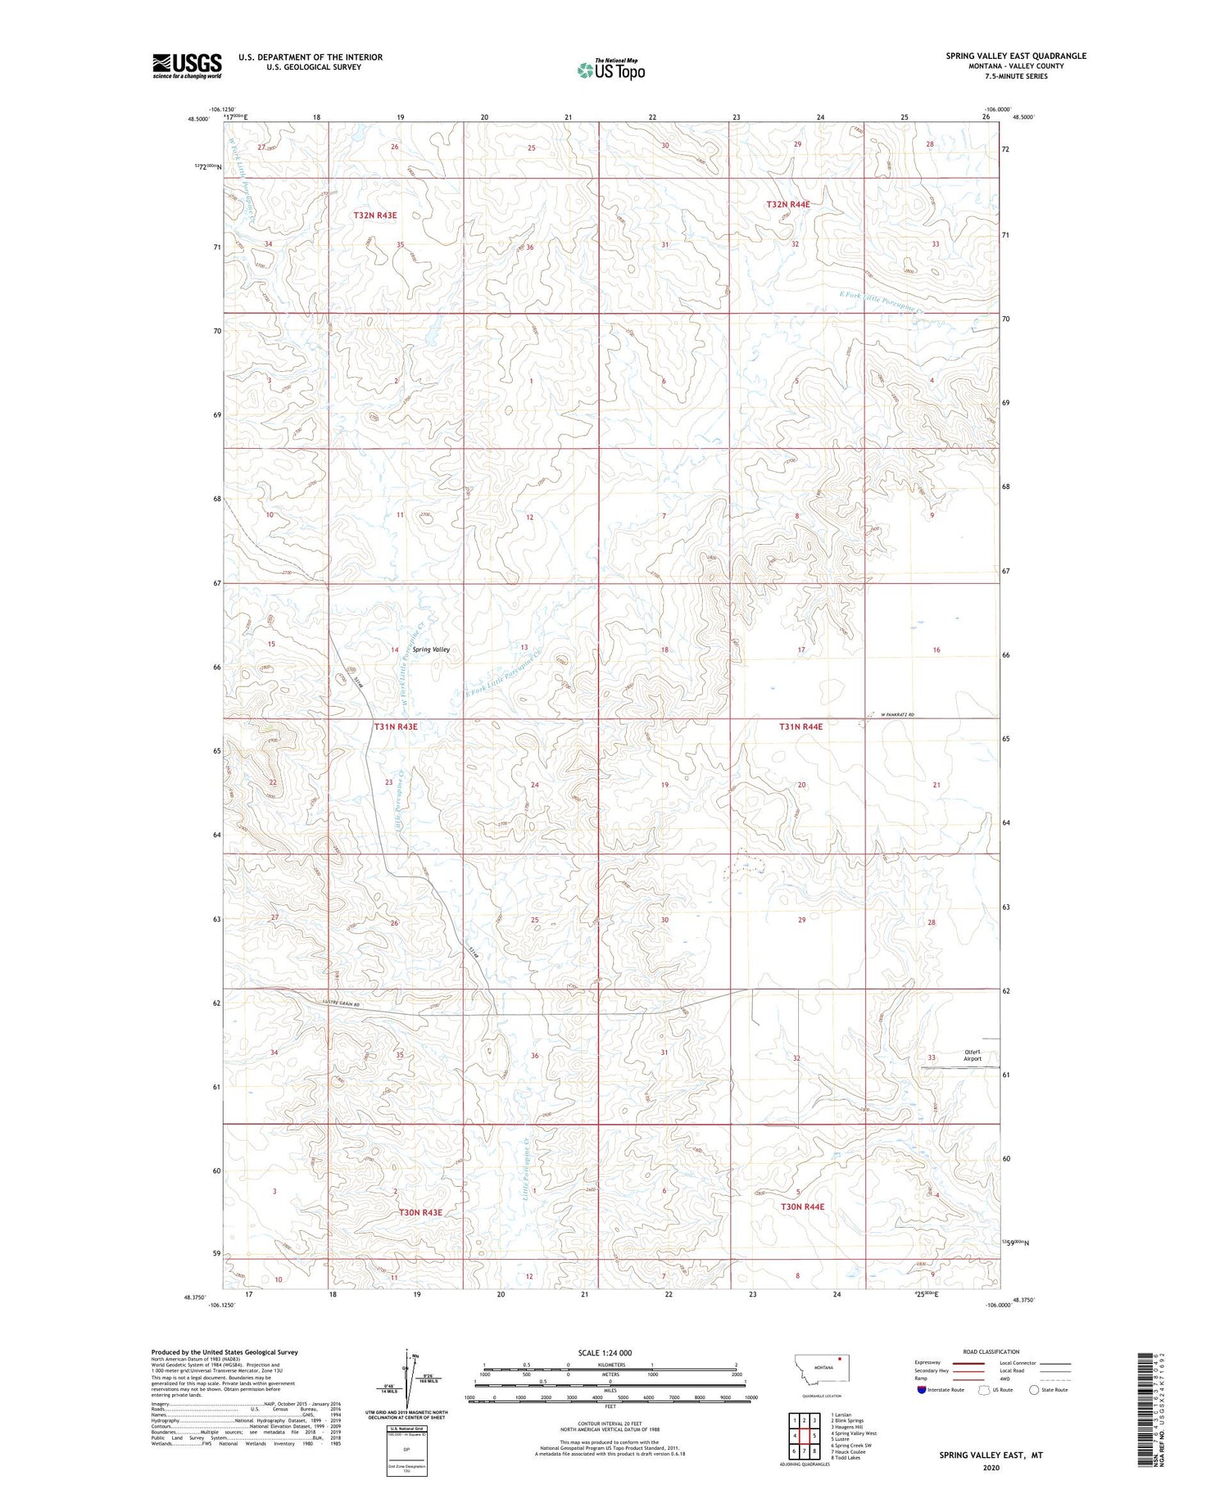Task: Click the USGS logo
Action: [187, 66]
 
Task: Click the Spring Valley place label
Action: [431, 650]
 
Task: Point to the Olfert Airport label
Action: [972, 1055]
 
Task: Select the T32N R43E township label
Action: [375, 215]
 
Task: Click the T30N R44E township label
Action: [802, 1207]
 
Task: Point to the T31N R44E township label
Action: [800, 727]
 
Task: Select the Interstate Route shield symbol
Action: [922, 1390]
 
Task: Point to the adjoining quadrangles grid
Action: [804, 1429]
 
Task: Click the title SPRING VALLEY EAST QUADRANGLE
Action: [1016, 56]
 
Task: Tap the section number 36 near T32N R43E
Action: [530, 247]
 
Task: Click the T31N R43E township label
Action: [396, 727]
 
